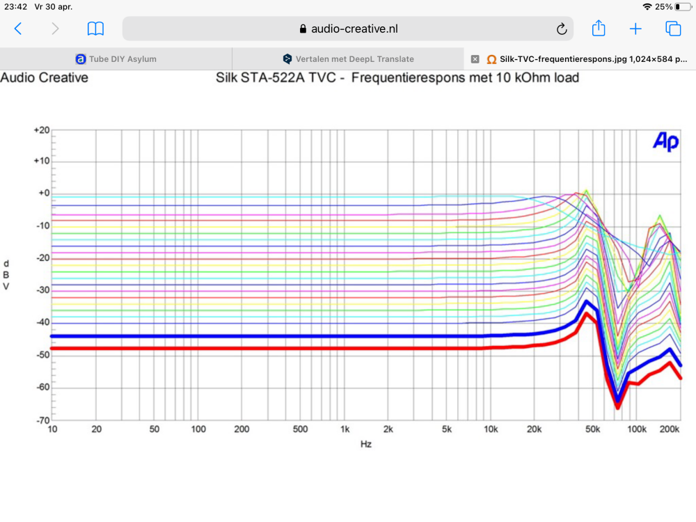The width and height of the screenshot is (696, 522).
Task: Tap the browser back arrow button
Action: click(18, 29)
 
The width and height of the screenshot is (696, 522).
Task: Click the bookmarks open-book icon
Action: click(95, 29)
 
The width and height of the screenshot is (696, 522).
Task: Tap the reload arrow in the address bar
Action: click(562, 29)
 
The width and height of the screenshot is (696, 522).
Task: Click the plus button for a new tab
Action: click(635, 29)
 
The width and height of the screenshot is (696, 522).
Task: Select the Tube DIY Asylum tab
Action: click(116, 59)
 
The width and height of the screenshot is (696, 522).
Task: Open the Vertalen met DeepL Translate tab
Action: click(348, 59)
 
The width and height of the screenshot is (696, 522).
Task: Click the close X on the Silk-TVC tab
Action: click(475, 59)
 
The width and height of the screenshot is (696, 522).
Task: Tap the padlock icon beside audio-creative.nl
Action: click(303, 29)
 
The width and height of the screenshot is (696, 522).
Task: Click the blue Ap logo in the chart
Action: click(665, 141)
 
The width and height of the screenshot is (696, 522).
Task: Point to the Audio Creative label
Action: click(45, 78)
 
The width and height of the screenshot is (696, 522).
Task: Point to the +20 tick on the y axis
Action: click(42, 130)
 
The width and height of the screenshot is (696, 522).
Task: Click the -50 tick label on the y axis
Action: click(43, 355)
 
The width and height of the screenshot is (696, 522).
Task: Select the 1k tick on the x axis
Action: click(345, 429)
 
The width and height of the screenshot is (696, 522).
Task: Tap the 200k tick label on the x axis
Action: click(670, 429)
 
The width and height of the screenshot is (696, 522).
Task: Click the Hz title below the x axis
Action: click(366, 444)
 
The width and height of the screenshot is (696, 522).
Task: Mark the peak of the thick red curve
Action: click(586, 314)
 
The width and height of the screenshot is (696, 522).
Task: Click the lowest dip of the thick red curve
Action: click(617, 406)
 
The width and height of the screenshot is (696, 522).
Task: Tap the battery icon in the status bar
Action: click(683, 7)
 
